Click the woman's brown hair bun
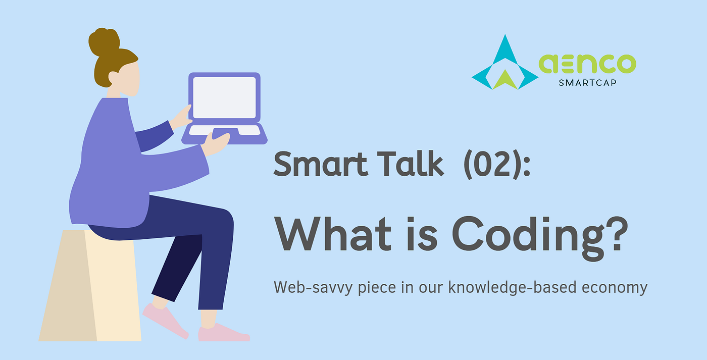coord(104,42)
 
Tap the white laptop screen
coord(224,97)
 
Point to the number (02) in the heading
coord(493,165)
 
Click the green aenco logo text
coord(587,64)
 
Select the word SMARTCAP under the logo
coord(587,83)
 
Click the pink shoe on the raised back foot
coord(165,318)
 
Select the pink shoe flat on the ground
coord(222,333)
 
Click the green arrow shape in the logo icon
coord(505,81)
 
